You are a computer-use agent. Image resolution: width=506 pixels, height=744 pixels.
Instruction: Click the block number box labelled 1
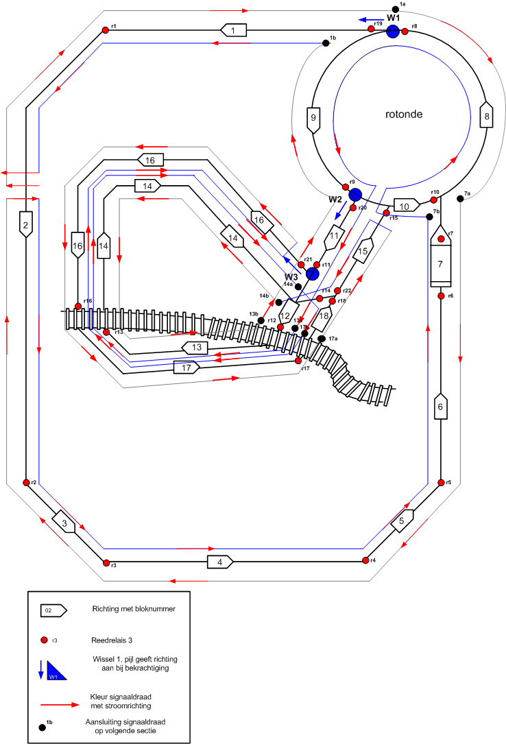233,30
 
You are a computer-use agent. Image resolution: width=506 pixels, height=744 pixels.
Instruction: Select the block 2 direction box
25,224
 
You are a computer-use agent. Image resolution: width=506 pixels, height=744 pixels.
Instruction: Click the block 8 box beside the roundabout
486,116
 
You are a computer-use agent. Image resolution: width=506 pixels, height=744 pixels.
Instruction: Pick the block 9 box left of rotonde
314,119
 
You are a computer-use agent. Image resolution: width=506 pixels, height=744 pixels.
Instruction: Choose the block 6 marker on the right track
440,406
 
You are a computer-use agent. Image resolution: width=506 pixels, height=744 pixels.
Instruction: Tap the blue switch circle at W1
393,31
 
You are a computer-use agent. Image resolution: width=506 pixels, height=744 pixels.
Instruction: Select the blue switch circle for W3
313,274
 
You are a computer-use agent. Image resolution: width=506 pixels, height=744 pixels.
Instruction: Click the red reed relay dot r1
106,29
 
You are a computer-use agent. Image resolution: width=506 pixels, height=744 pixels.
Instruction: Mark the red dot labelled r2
25,483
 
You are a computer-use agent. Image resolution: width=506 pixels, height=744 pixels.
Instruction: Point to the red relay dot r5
440,482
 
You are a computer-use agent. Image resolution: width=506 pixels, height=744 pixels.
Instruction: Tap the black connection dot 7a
460,199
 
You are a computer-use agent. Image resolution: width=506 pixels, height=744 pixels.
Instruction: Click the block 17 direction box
186,368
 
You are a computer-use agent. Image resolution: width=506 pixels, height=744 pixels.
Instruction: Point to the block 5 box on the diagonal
403,522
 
